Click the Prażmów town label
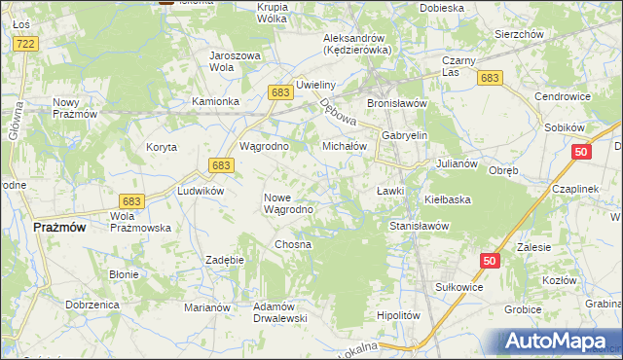tap(59, 227)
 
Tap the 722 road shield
tap(26, 45)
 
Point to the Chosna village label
tap(293, 244)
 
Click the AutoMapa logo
tap(559, 342)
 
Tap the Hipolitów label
tap(397, 315)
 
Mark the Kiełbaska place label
tap(448, 199)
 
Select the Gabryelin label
tap(405, 136)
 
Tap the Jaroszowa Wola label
tap(236, 61)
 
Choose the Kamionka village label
tap(215, 101)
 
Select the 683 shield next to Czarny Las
tap(491, 78)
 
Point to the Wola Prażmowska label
tap(141, 222)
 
